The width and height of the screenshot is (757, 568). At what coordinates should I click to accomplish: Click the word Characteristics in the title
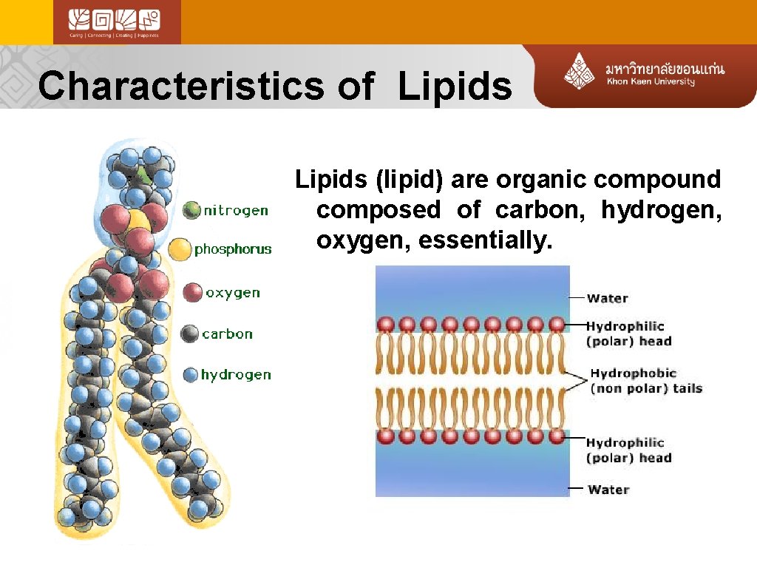pyautogui.click(x=180, y=86)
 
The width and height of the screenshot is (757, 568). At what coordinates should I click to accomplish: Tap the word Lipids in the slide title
pyautogui.click(x=455, y=87)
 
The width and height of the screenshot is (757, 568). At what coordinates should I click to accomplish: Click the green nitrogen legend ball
pyautogui.click(x=191, y=210)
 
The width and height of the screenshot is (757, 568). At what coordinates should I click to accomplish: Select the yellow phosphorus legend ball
pyautogui.click(x=180, y=249)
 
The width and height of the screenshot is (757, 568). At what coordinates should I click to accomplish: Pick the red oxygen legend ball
pyautogui.click(x=192, y=292)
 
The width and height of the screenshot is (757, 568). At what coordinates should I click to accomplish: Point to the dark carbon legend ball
pyautogui.click(x=190, y=334)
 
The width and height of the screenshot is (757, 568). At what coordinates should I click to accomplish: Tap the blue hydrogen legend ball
pyautogui.click(x=191, y=375)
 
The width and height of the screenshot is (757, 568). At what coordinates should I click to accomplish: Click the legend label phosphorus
pyautogui.click(x=233, y=249)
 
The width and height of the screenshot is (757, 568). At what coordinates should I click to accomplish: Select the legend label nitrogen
pyautogui.click(x=236, y=211)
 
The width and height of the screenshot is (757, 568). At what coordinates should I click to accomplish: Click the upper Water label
pyautogui.click(x=607, y=299)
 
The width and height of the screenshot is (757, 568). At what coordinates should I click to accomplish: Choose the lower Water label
pyautogui.click(x=608, y=490)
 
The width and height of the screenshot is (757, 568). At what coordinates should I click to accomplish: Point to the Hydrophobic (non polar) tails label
pyautogui.click(x=645, y=381)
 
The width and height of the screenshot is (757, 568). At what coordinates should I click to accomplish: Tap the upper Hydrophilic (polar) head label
pyautogui.click(x=628, y=334)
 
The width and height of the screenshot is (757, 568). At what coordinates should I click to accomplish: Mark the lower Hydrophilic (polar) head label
pyautogui.click(x=628, y=450)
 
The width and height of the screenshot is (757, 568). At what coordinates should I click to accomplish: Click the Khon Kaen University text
pyautogui.click(x=651, y=81)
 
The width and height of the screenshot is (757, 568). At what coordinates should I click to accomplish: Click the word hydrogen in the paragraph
pyautogui.click(x=661, y=210)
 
